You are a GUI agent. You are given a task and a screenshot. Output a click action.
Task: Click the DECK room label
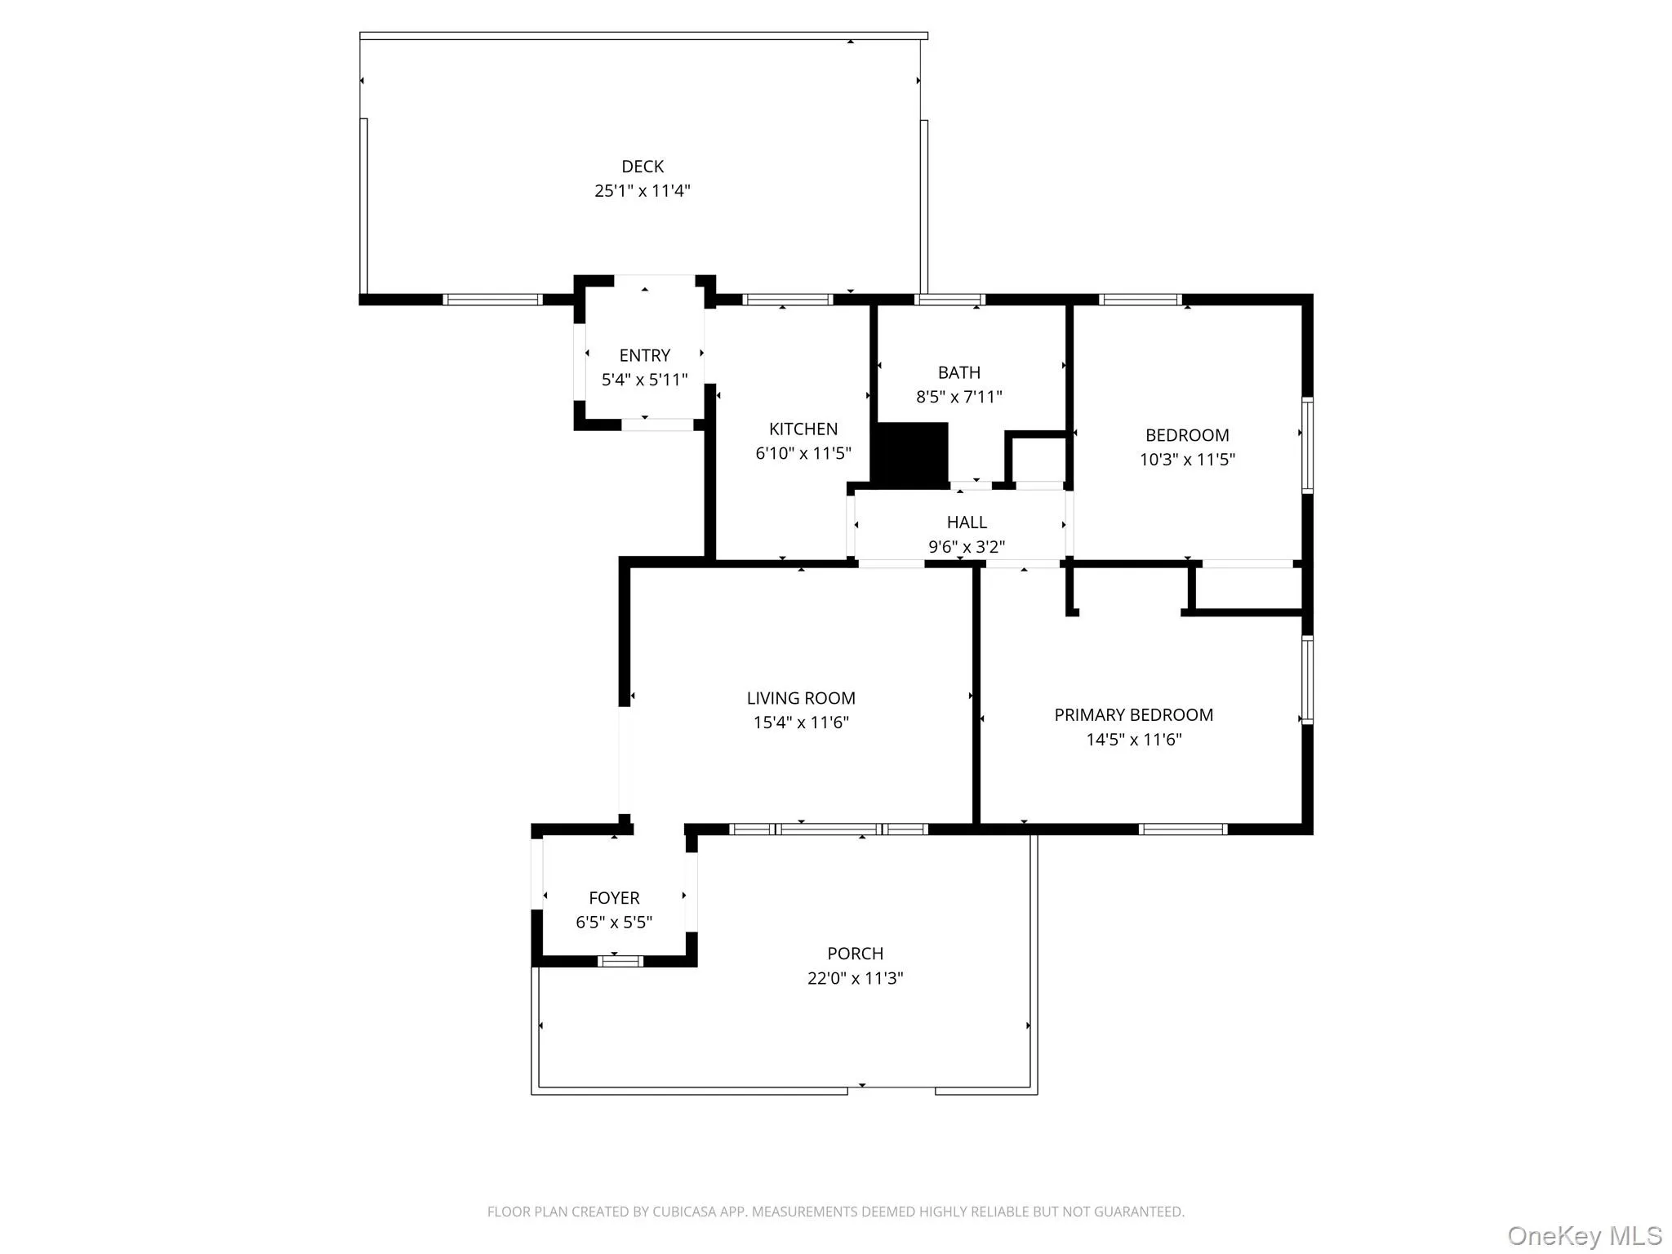pos(643,167)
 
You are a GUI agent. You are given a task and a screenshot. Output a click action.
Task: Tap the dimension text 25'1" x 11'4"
pos(643,191)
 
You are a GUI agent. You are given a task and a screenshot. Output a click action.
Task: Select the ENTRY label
pos(644,355)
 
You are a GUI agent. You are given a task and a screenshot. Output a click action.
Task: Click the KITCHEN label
pos(803,429)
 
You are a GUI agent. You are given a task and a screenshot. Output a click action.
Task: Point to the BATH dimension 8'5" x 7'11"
pos(958,397)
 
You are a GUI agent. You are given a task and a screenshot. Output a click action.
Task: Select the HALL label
pos(967,522)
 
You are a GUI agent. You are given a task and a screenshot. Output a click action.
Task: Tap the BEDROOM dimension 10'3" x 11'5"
pos(1187,460)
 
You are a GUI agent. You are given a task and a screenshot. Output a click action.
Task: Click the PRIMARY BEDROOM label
pos(1133,715)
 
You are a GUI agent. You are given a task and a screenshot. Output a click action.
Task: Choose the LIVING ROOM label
pos(801,698)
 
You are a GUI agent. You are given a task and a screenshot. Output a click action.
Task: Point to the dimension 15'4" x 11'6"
pos(801,723)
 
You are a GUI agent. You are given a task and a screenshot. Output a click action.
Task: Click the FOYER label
pos(614,898)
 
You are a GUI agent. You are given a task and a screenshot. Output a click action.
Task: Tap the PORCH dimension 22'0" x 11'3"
pos(855,978)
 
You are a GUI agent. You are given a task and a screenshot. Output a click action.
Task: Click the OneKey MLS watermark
pos(1584,1235)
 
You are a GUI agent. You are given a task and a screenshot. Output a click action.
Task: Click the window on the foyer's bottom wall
pos(620,961)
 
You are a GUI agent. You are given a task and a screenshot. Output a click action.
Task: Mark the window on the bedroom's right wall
pos(1307,445)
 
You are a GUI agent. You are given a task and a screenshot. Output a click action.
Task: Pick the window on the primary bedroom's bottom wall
pos(1182,829)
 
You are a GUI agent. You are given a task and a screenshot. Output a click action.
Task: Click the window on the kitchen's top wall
pos(787,300)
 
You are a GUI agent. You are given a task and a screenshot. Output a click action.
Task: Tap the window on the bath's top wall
pos(949,300)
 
